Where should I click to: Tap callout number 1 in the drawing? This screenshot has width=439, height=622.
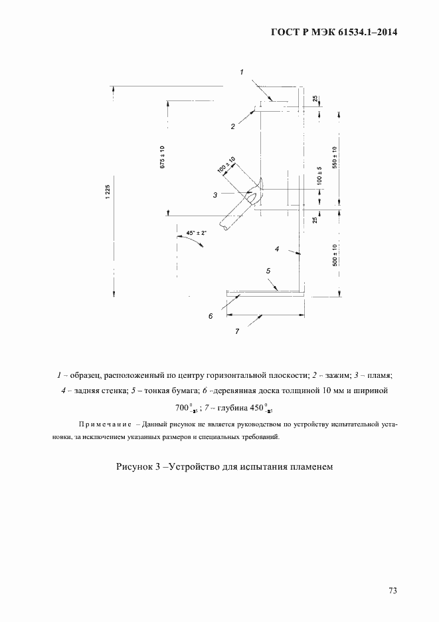[242, 71]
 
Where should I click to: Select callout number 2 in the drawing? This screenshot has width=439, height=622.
[233, 126]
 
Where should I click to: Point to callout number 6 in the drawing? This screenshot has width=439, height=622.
[210, 316]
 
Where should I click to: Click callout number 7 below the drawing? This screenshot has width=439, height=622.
[237, 331]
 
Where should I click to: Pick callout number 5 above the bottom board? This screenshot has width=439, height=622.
[268, 271]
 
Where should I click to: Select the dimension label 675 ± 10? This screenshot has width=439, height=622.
[161, 158]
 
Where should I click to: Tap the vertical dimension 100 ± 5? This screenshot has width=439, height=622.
[319, 176]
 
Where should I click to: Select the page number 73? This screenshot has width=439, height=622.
[393, 589]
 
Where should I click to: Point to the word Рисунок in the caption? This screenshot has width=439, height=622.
[134, 467]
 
